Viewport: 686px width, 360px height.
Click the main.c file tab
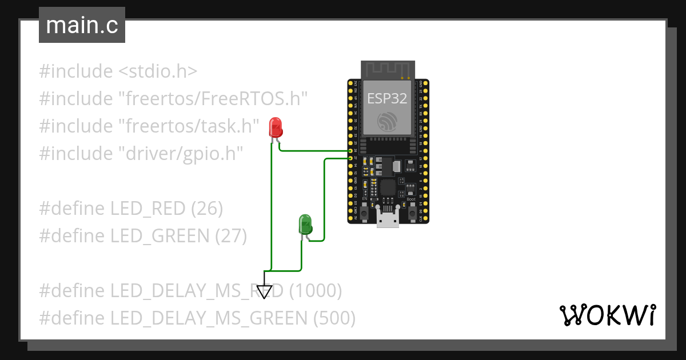pyautogui.click(x=82, y=26)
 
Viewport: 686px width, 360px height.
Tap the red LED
pyautogui.click(x=276, y=127)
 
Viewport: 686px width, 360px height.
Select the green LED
pyautogui.click(x=305, y=224)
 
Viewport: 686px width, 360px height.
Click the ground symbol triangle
pyautogui.click(x=264, y=291)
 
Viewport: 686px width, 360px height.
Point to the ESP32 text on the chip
pyautogui.click(x=387, y=98)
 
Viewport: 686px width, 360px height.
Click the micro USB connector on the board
pyautogui.click(x=388, y=219)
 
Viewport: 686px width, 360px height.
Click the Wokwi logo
pyautogui.click(x=607, y=315)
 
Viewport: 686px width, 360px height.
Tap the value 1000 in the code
pyautogui.click(x=316, y=291)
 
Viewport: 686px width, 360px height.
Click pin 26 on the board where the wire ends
pyautogui.click(x=350, y=151)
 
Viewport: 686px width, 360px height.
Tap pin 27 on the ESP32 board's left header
pyautogui.click(x=350, y=158)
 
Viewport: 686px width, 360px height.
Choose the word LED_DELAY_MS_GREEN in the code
pyautogui.click(x=209, y=318)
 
